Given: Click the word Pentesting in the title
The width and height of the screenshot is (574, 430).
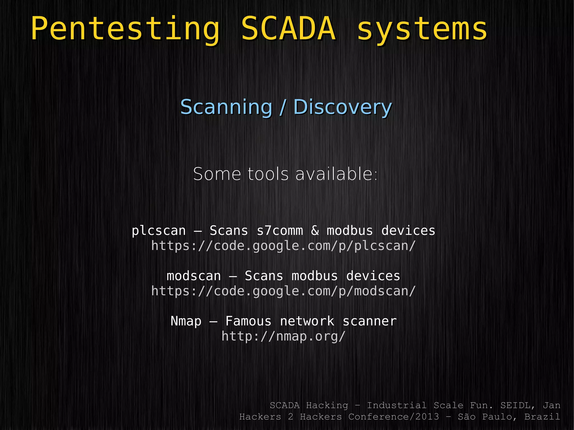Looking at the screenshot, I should (125, 29).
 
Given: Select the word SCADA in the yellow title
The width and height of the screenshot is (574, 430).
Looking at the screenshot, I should (288, 29).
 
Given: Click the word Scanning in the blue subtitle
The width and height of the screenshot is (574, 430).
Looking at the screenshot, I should (226, 107).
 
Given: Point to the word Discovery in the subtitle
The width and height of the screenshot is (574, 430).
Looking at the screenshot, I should (342, 107).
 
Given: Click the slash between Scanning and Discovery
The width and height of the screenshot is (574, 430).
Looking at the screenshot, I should (283, 107).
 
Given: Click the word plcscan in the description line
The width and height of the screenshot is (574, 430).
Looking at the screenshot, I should (159, 231).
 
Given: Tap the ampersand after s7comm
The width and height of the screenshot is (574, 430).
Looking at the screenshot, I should (315, 231).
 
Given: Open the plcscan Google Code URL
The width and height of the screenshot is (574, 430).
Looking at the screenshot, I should (283, 246).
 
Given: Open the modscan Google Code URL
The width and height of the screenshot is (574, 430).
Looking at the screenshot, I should (283, 291).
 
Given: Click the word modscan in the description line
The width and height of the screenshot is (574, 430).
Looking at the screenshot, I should (194, 276).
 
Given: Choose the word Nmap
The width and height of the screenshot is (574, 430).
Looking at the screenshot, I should (186, 321).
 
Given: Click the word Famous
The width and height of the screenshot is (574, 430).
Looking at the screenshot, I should (248, 321).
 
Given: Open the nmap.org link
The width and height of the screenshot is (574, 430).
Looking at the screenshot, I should (283, 336).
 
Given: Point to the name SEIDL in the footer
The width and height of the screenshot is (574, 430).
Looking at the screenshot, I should (518, 405).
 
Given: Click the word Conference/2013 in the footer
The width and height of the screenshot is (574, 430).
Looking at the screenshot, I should (394, 417).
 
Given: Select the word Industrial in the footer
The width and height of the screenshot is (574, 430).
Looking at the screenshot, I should (397, 405).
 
